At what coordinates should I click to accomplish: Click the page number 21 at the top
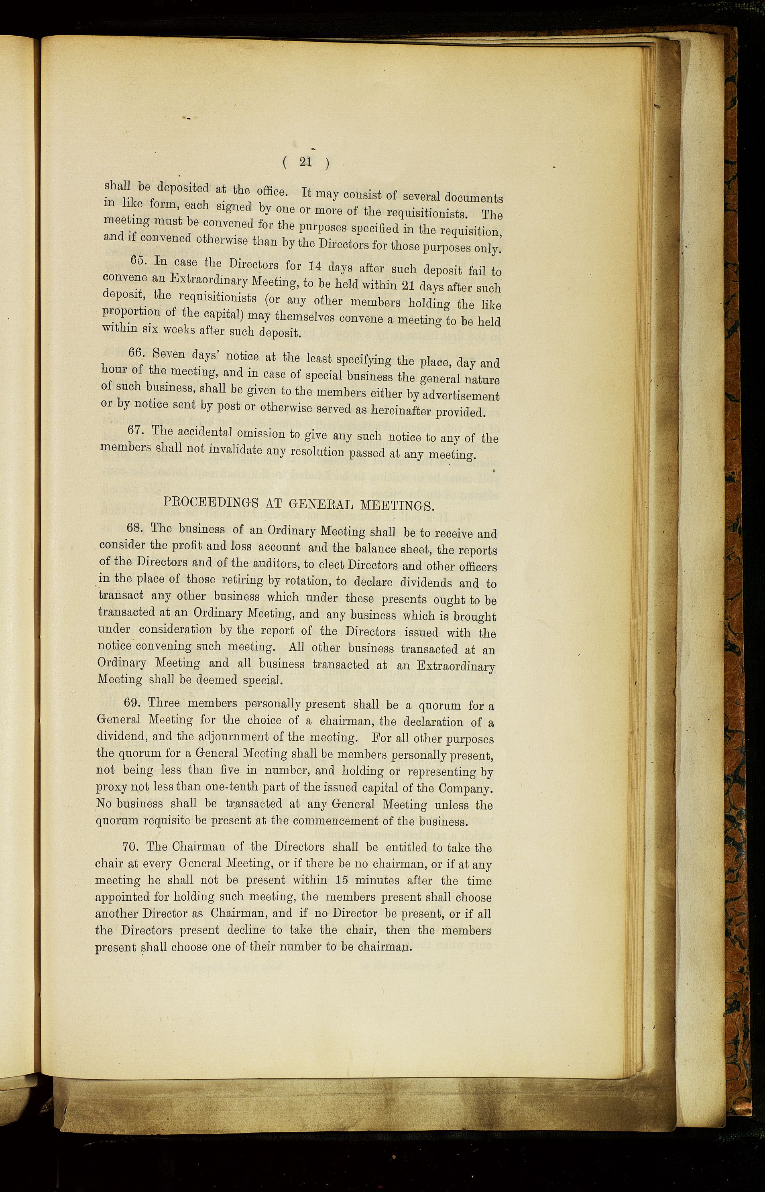coord(305,161)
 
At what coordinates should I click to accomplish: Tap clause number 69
coord(132,703)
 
